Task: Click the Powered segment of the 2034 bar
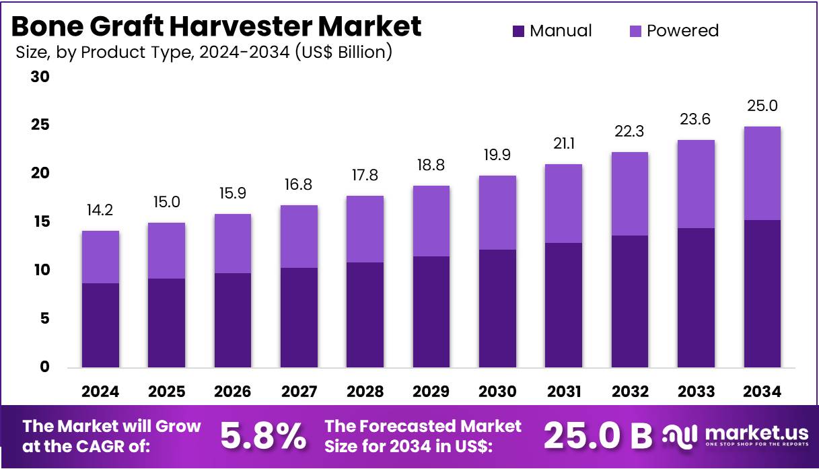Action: coord(762,173)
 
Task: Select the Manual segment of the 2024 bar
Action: coord(101,325)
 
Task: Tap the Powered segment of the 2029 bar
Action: coord(431,221)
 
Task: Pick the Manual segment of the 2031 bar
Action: coord(563,305)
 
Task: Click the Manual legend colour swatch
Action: coord(518,31)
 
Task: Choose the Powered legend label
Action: coord(682,31)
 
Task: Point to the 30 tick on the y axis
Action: coord(40,77)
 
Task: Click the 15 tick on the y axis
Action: coord(40,222)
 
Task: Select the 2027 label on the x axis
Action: coord(299,392)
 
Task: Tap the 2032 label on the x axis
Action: coord(630,392)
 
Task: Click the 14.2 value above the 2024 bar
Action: coord(101,211)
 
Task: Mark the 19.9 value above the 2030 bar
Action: coord(497,155)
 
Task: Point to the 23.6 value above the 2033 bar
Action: coord(696,120)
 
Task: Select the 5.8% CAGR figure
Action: coord(263,437)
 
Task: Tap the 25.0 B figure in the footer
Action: coord(597,437)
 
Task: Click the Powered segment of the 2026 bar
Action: coord(233,244)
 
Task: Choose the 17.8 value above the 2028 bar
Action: coord(365,176)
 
